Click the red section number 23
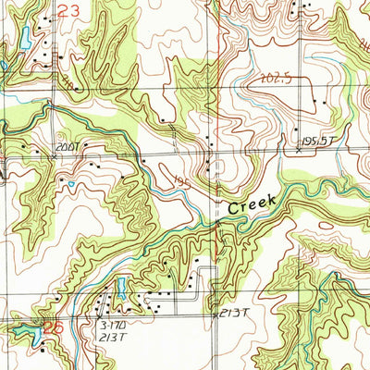tap(68, 11)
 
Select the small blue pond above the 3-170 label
tap(120, 286)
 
